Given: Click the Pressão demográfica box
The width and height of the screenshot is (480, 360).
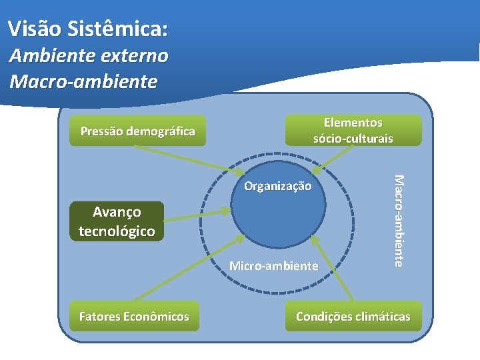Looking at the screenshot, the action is point(137,131).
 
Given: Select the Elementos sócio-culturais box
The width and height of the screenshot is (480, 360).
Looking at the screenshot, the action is point(353,131).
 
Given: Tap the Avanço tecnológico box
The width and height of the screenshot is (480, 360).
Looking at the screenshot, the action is point(117,221).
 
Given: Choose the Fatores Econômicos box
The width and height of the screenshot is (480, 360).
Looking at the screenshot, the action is point(133,317).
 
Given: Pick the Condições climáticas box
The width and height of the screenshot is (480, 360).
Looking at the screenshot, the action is point(353,317).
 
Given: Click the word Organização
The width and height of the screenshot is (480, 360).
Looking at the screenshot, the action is point(277,186).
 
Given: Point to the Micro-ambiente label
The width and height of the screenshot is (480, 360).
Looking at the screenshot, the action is point(273,266).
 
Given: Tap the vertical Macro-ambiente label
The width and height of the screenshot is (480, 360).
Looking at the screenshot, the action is point(398,220).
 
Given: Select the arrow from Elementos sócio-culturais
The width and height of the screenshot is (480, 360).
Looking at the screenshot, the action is point(337,157).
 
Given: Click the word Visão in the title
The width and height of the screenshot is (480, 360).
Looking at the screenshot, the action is point(33,29).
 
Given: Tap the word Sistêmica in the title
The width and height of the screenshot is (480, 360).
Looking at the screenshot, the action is point(116,29).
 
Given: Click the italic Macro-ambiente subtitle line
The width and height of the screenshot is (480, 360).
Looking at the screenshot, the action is point(83,82).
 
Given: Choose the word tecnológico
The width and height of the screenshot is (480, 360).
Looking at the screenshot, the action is point(117,231).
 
